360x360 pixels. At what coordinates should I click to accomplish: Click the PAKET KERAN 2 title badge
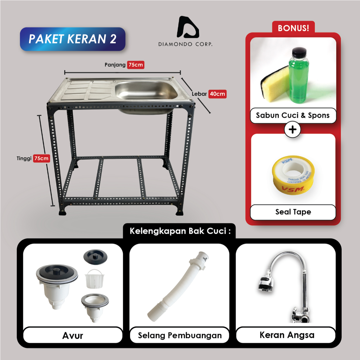coord(72,39)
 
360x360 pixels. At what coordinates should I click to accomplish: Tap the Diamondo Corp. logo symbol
coord(188,27)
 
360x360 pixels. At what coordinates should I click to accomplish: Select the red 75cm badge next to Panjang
coord(136,65)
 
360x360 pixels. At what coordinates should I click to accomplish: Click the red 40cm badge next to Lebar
coord(217,94)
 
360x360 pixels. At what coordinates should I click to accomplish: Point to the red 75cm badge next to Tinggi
coord(41,158)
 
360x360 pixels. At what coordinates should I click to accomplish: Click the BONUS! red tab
coord(293,28)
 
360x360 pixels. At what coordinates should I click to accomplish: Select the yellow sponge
coord(275,86)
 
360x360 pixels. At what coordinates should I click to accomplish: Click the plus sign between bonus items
coord(292,130)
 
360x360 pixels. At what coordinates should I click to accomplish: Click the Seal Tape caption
coord(293,212)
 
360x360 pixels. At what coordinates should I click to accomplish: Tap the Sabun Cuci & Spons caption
coord(293,115)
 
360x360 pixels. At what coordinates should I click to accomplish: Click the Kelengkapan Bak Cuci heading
coord(180,231)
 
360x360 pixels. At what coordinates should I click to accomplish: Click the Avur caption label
coord(73,335)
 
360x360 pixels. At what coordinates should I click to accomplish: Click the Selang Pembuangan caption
coord(180,335)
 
